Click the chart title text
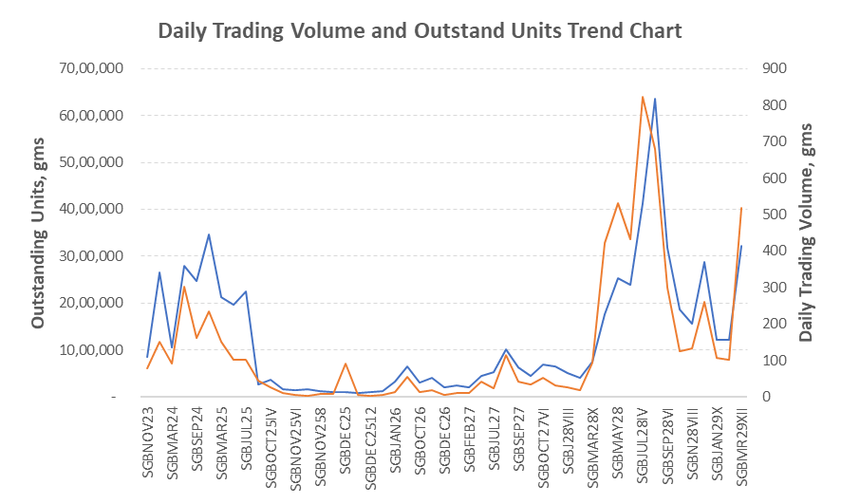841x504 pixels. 420,30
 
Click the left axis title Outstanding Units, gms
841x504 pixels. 39,229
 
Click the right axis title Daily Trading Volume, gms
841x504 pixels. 806,232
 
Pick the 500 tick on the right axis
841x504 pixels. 761,215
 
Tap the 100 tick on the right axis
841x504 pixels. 761,361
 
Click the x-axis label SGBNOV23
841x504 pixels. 148,443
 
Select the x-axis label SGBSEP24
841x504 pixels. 197,443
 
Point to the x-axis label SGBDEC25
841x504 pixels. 346,443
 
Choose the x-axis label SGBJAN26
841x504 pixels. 395,443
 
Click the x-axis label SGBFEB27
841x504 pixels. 469,443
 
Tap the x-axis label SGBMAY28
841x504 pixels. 617,443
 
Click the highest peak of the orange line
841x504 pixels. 643,97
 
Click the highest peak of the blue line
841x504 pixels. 655,99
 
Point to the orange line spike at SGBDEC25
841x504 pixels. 346,364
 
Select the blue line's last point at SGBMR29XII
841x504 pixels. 741,246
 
